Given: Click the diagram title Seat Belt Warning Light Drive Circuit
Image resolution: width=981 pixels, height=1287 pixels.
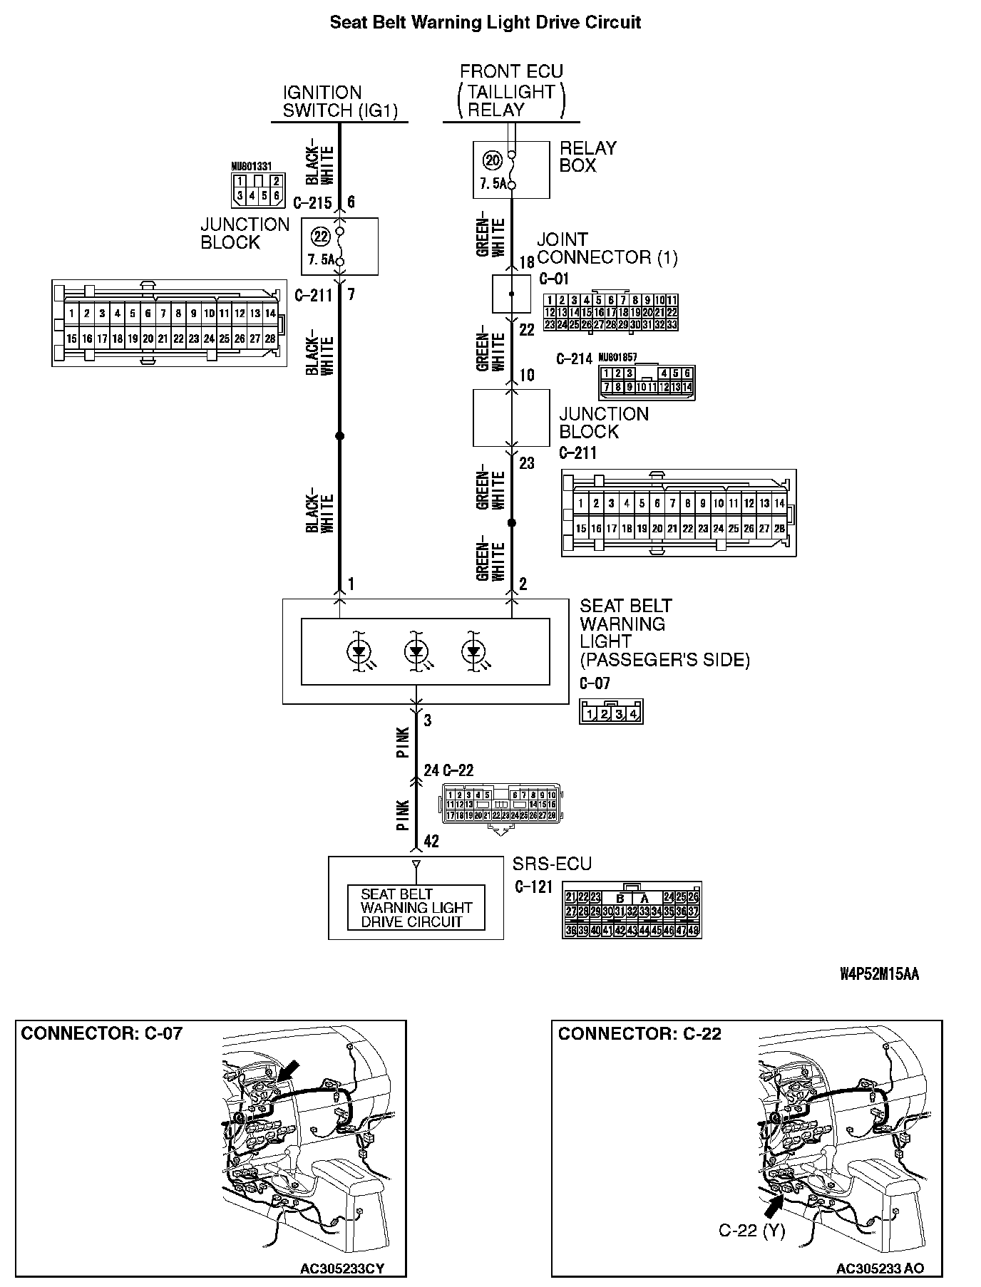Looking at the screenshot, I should [485, 23].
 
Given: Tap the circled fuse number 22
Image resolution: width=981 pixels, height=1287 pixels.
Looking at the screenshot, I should [322, 237].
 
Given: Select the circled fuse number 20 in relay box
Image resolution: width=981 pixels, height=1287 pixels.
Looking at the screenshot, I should [493, 160].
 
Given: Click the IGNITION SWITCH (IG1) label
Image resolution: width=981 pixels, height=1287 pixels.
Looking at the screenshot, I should [339, 101].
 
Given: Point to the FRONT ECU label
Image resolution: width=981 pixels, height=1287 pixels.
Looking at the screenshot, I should [511, 71].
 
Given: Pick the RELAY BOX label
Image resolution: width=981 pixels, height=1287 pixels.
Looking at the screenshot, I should [587, 157].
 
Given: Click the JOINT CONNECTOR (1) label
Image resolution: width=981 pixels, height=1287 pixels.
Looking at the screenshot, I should [607, 248].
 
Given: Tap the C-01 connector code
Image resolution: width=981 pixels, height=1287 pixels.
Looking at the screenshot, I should [554, 279].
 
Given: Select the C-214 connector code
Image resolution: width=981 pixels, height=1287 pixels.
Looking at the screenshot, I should [575, 358].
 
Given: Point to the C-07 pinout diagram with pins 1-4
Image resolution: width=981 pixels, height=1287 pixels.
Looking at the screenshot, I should [611, 712].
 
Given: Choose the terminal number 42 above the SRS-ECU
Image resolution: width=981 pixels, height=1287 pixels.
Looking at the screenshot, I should [431, 842].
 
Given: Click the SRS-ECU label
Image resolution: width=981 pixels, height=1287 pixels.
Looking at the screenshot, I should [552, 864].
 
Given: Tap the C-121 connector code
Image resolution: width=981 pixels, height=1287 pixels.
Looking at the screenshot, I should [534, 887].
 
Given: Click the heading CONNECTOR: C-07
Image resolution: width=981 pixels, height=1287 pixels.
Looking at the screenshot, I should [102, 1033].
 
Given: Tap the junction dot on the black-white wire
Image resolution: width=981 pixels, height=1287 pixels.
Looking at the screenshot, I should [339, 435].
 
